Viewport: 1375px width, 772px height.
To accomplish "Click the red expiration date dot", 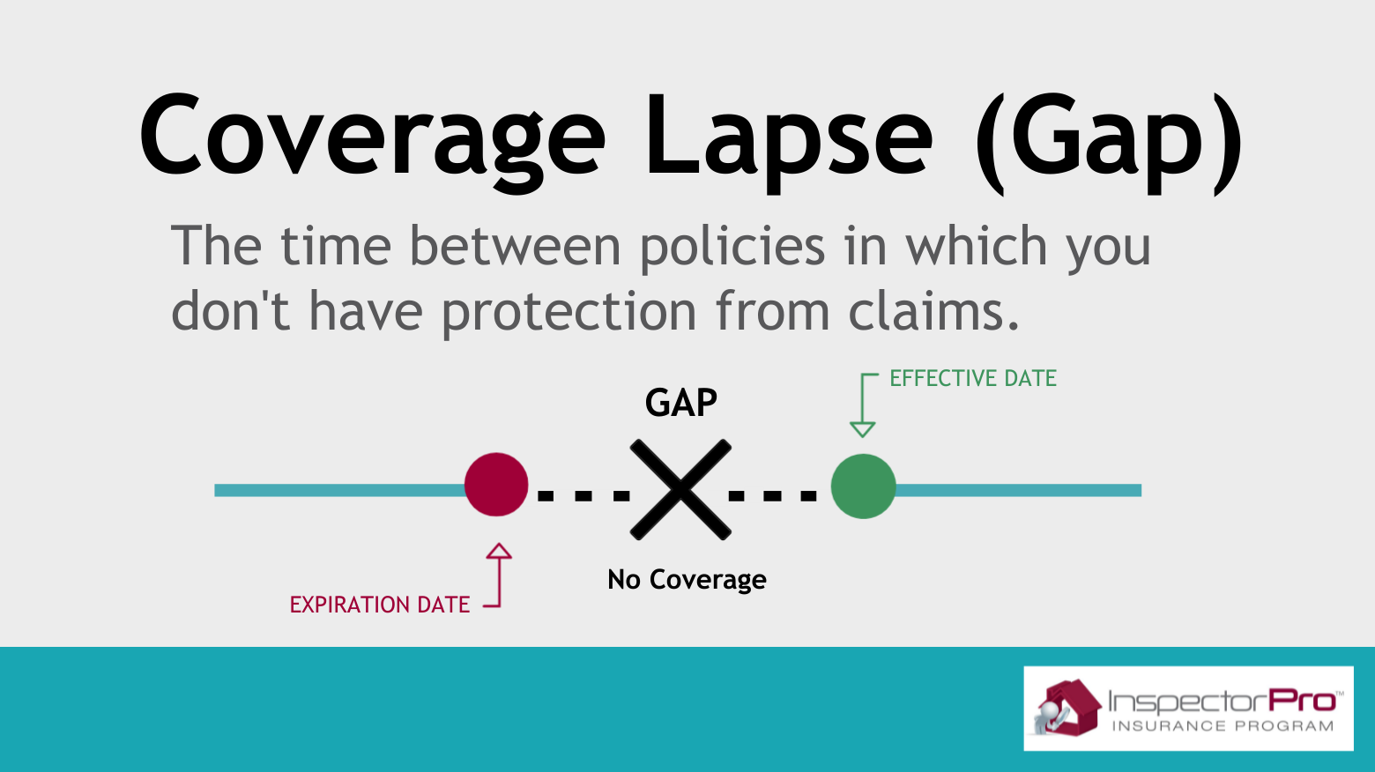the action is coord(496,485).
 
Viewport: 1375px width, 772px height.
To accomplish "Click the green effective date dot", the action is coord(863,486).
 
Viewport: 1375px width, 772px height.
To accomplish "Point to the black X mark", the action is coord(680,490).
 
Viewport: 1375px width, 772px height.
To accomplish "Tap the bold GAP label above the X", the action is coord(680,403).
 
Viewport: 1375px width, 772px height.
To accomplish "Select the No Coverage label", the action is coord(687,580).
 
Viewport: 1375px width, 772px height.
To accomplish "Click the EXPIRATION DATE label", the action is coord(379,605).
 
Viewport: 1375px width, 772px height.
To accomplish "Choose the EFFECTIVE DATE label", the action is coord(973,379).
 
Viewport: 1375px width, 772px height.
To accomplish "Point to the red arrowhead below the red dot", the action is coord(499,551).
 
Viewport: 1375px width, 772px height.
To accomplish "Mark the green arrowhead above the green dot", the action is coord(862,429).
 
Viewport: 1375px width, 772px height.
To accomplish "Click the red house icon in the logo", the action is coord(1068,707).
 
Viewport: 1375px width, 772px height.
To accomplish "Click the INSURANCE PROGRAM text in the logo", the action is coord(1223,726).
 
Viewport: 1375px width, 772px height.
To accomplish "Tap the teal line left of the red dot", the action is coord(340,490).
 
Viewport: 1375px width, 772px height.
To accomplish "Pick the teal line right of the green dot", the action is coord(1018,490).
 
